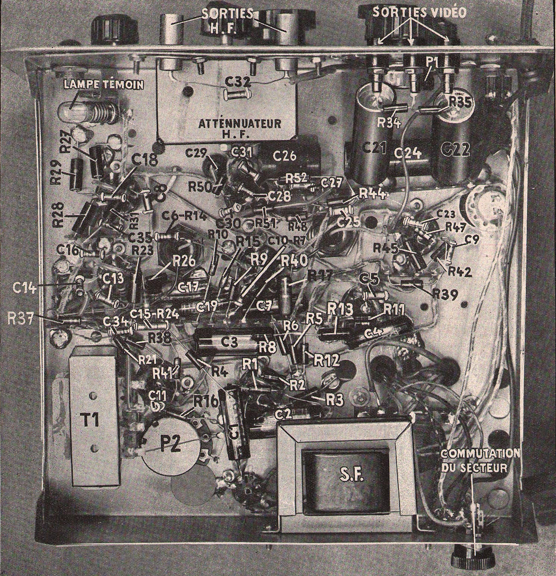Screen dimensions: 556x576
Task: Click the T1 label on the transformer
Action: [90, 421]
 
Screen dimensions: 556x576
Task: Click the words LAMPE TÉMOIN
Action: [104, 85]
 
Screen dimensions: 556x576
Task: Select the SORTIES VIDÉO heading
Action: [419, 12]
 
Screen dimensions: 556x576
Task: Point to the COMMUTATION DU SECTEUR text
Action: [480, 461]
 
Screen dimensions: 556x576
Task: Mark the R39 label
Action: [445, 295]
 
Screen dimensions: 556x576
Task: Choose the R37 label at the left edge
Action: [21, 318]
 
